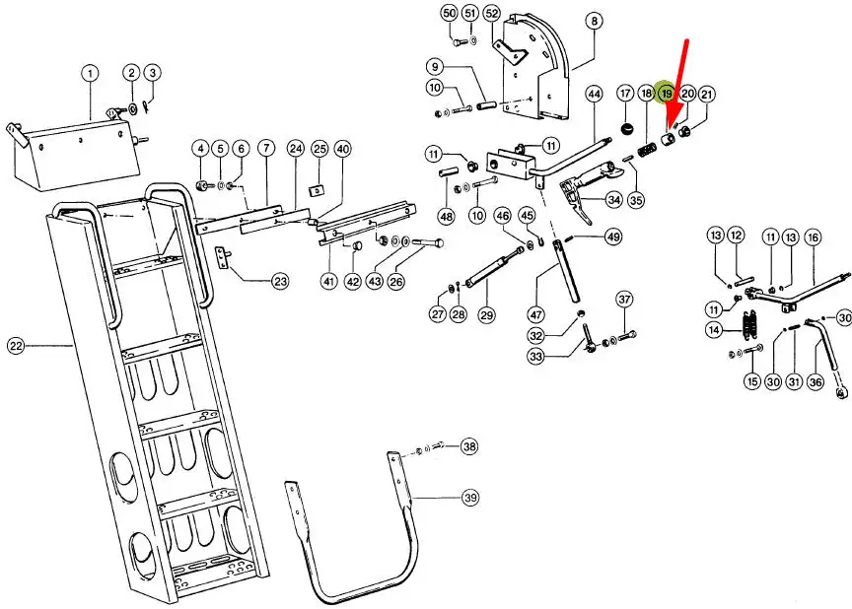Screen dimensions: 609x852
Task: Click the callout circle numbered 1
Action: tap(90, 73)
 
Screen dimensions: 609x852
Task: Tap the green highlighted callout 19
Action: tap(667, 94)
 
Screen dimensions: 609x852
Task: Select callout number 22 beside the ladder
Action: tap(16, 345)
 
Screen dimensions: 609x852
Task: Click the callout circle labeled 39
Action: tap(470, 498)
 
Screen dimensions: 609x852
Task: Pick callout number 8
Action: tap(594, 20)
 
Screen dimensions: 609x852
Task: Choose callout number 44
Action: tap(594, 94)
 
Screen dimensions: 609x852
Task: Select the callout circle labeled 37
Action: tap(624, 299)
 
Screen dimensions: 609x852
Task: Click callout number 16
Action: tap(813, 237)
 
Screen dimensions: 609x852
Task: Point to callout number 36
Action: tap(815, 381)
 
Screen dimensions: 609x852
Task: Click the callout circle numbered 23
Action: tap(280, 282)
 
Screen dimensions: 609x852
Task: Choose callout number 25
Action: tap(319, 149)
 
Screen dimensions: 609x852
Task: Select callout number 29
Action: tap(486, 314)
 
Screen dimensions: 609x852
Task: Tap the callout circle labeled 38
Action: tap(469, 446)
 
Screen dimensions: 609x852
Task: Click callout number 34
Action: tap(613, 201)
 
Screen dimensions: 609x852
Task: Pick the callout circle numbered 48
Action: tap(447, 216)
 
